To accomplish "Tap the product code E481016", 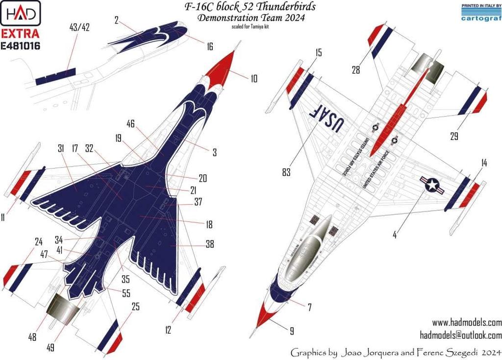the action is pos(21,46).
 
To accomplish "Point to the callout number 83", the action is pos(286,172).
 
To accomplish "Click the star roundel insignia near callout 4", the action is pos(431,185).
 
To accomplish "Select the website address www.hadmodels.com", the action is pos(467,323).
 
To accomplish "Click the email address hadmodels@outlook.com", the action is pos(461,336).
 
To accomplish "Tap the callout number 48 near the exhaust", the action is pos(32,337).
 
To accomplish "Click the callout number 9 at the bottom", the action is pos(292,332).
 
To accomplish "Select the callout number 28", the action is pos(355,70).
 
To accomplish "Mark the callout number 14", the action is pos(484,164).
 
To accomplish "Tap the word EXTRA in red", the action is pos(20,35).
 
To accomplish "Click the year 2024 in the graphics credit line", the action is pos(490,352).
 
